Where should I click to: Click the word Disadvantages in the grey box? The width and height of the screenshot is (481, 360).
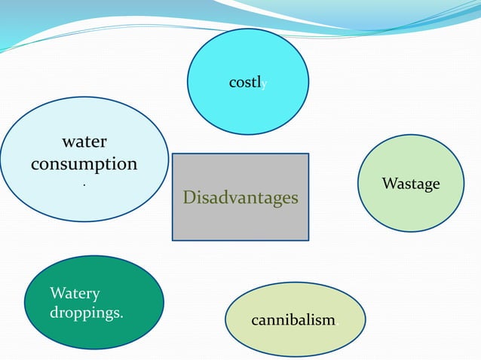pyautogui.click(x=240, y=198)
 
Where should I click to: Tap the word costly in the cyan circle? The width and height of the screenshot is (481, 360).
pyautogui.click(x=247, y=82)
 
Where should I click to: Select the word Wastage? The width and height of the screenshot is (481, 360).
pyautogui.click(x=411, y=184)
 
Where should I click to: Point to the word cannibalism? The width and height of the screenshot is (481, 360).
pyautogui.click(x=293, y=321)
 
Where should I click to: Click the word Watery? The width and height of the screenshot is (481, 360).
pyautogui.click(x=74, y=293)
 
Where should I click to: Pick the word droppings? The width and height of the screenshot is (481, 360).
pyautogui.click(x=85, y=312)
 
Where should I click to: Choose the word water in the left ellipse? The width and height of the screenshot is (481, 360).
pyautogui.click(x=84, y=142)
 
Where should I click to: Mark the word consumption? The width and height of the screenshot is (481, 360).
pyautogui.click(x=84, y=163)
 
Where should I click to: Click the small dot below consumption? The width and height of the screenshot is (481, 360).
pyautogui.click(x=84, y=185)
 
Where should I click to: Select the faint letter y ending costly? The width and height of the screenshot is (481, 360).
pyautogui.click(x=262, y=84)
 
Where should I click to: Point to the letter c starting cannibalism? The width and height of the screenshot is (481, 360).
pyautogui.click(x=255, y=322)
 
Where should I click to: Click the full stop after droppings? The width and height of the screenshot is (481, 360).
pyautogui.click(x=121, y=314)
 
